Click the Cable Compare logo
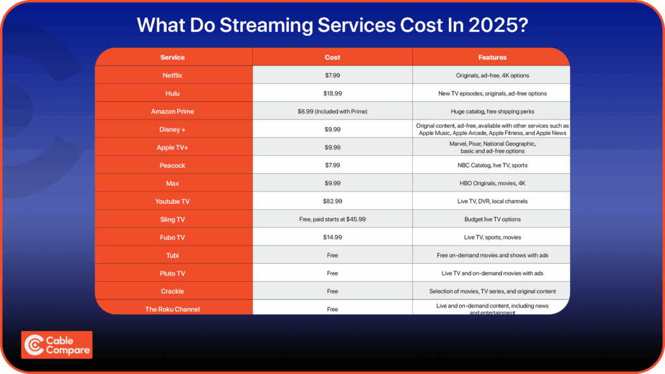tap(57, 345)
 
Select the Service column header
tap(173, 57)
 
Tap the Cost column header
tap(332, 57)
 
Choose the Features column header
tap(492, 57)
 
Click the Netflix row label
tap(173, 75)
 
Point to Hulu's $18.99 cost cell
tap(332, 93)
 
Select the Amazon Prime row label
tap(173, 111)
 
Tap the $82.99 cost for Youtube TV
tap(332, 201)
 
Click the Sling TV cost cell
tap(332, 219)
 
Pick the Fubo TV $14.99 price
tap(332, 237)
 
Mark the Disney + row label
tap(173, 129)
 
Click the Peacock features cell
tap(492, 166)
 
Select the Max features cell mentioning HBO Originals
tap(492, 183)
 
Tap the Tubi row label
tap(173, 255)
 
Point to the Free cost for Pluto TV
tap(332, 273)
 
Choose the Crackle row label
tap(173, 291)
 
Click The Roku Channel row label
tap(173, 309)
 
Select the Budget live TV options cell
tap(492, 219)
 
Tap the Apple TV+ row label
tap(173, 147)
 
